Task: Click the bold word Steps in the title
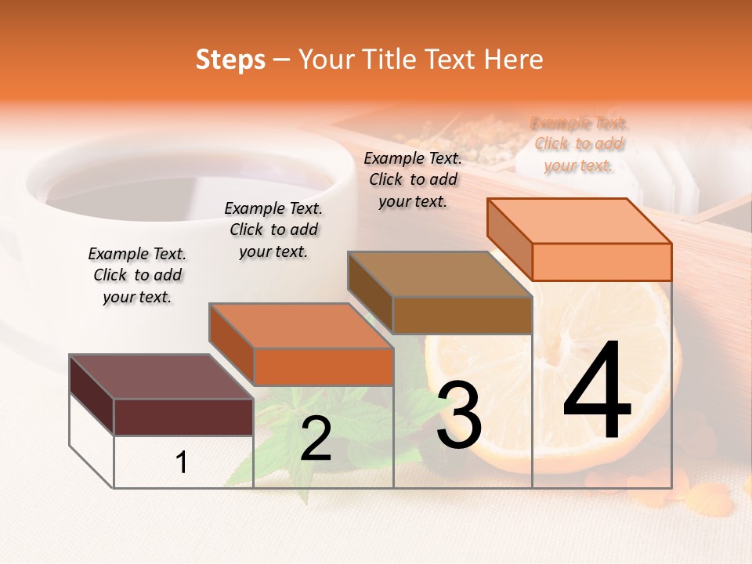pyautogui.click(x=230, y=60)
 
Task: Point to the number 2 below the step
pyautogui.click(x=316, y=438)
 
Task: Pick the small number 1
pyautogui.click(x=182, y=462)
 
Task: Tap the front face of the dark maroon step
pyautogui.click(x=183, y=417)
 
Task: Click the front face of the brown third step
pyautogui.click(x=462, y=316)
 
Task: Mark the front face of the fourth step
pyautogui.click(x=602, y=262)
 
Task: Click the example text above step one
pyautogui.click(x=137, y=275)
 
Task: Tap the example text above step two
pyautogui.click(x=273, y=230)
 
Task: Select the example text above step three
pyautogui.click(x=413, y=179)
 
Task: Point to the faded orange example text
pyautogui.click(x=579, y=144)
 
